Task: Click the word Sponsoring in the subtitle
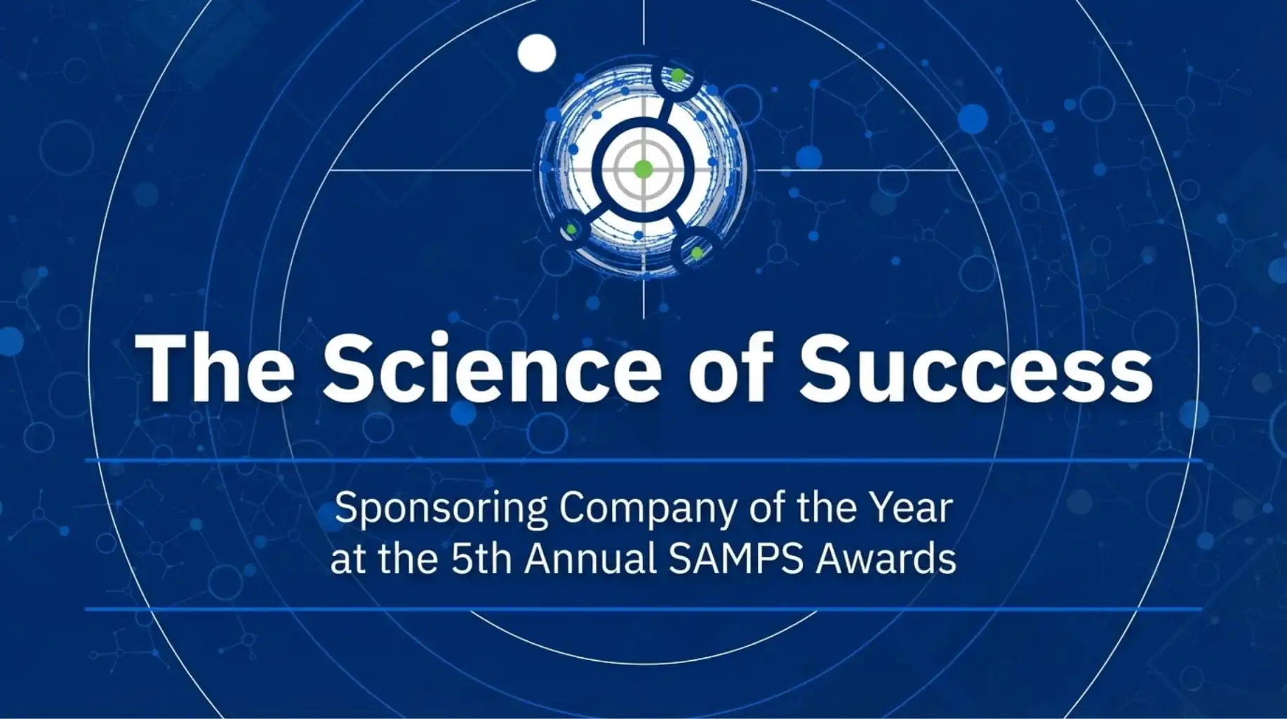441,508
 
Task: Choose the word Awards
886,560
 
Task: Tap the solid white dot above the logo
537,53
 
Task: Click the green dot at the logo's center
643,169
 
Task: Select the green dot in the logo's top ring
677,74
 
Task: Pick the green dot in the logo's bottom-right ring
696,253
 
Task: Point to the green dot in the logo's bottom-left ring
571,229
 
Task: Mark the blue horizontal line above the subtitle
643,461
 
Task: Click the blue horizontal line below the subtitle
643,609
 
